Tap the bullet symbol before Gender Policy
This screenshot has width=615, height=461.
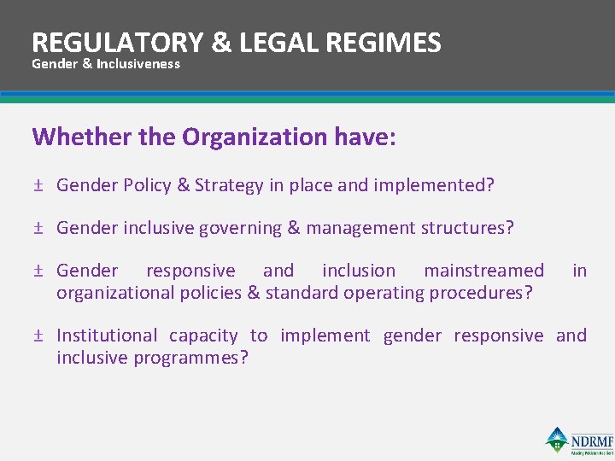(x=38, y=185)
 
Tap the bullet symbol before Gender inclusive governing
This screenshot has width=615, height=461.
(x=38, y=228)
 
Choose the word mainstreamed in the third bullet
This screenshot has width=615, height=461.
(x=483, y=271)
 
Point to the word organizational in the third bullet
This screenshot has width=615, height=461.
(x=115, y=293)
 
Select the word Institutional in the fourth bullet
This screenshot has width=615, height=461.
(x=107, y=336)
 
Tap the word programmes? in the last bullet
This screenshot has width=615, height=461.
(x=193, y=358)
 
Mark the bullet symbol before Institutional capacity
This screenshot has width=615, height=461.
(x=38, y=336)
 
